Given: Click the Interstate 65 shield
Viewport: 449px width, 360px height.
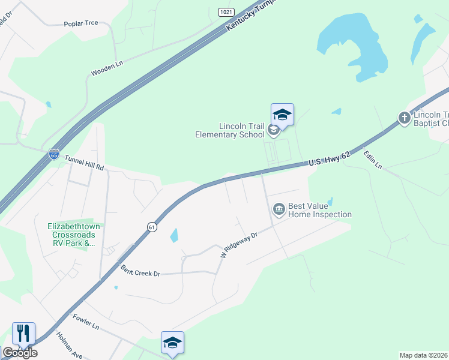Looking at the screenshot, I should (54, 155).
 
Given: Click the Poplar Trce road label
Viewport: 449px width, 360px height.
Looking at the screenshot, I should (80, 24).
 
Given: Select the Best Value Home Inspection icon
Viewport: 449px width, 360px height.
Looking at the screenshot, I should (279, 209).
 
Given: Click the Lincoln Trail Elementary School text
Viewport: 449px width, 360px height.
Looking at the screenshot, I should (230, 130).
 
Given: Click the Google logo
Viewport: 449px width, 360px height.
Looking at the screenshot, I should (20, 353).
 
